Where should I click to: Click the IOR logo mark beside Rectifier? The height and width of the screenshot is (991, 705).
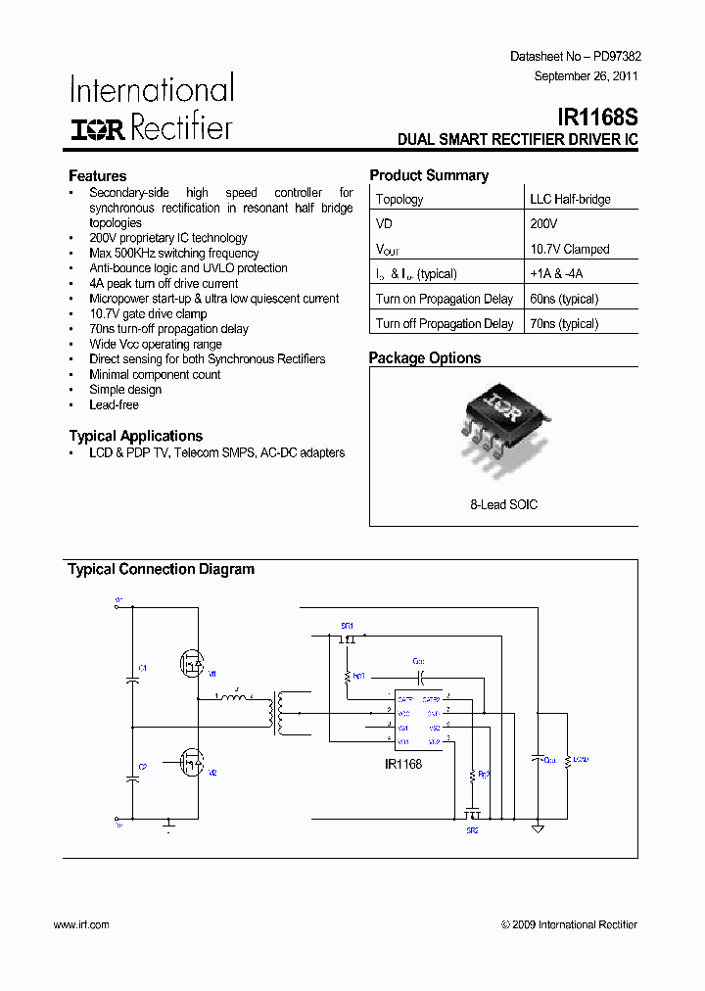click(97, 129)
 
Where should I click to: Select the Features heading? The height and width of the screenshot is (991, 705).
click(97, 175)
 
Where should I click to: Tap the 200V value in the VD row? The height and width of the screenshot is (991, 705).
click(544, 223)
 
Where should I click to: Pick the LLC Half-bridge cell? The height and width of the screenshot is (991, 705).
click(570, 199)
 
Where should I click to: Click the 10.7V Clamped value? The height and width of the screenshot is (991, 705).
click(569, 249)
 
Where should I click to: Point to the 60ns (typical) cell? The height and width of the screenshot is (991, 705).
click(564, 299)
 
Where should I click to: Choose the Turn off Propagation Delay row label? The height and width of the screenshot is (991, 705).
click(445, 323)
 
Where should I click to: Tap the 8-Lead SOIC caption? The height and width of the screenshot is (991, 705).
click(503, 504)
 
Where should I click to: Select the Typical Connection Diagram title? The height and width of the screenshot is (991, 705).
click(161, 569)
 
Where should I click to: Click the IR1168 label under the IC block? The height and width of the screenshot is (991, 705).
click(403, 764)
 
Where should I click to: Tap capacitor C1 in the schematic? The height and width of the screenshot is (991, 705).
click(132, 677)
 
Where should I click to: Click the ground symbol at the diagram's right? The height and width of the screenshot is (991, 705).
click(537, 829)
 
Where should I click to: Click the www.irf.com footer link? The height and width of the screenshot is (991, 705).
click(81, 924)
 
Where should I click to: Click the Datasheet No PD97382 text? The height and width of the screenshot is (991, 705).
click(576, 57)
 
